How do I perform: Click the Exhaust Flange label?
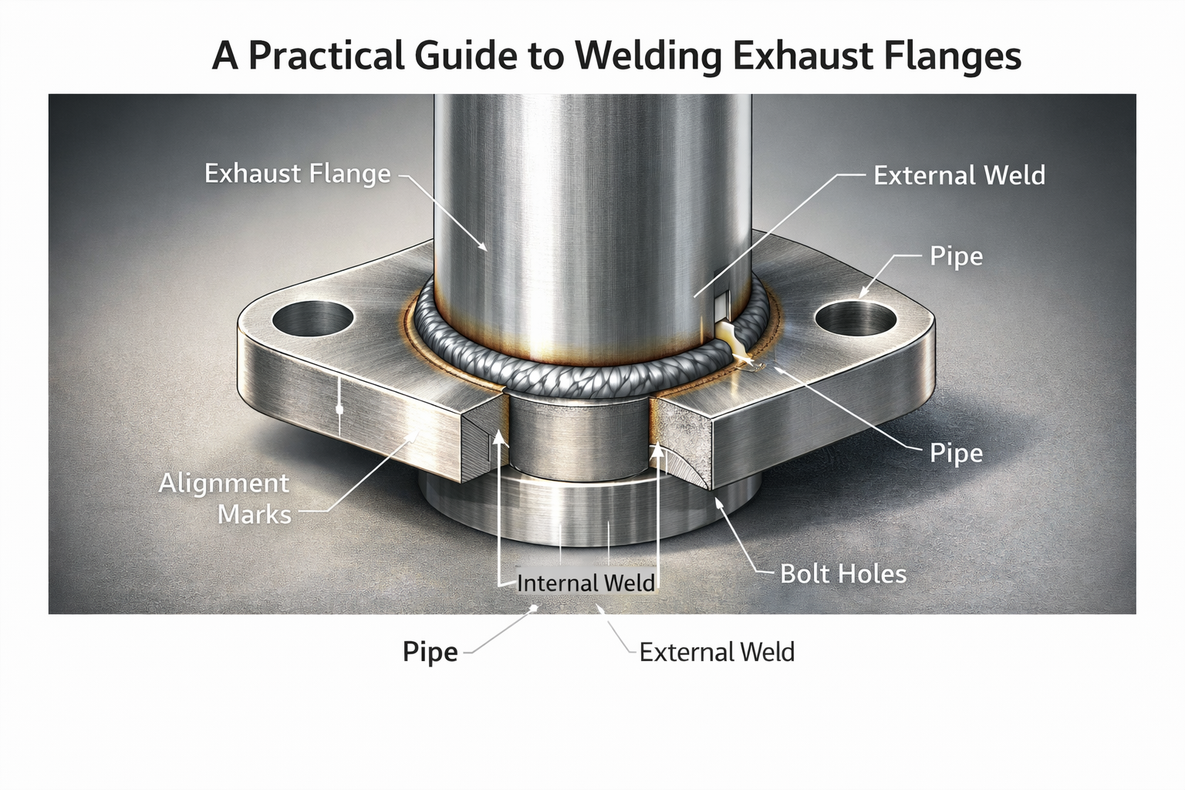coord(297,174)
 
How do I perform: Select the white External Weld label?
coord(959,176)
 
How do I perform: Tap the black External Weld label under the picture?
coord(717,653)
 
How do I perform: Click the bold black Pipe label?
coord(430,653)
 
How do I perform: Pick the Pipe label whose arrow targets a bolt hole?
coord(956,256)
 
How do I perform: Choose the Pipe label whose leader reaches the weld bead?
coord(956,453)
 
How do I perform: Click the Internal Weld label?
coord(586,582)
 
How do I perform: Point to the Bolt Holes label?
coord(843,574)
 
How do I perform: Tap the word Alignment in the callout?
coord(224,484)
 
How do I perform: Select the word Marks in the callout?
coord(255,515)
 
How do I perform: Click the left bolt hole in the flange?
coord(312,319)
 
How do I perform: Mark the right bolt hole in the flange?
coord(856,319)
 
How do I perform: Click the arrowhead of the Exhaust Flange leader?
coord(484,248)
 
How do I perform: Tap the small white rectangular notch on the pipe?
coord(721,306)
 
